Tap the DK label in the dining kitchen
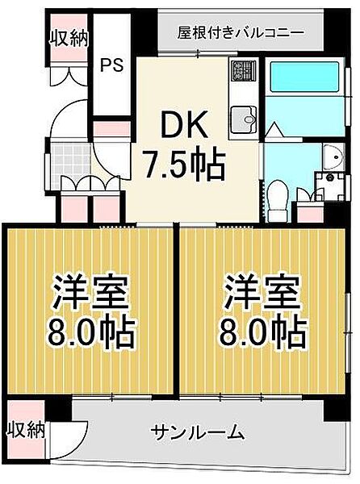tap(184, 127)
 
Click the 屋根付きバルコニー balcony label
tap(241, 33)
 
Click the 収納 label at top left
tap(69, 37)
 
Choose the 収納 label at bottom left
tap(27, 428)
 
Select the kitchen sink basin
tap(241, 122)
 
